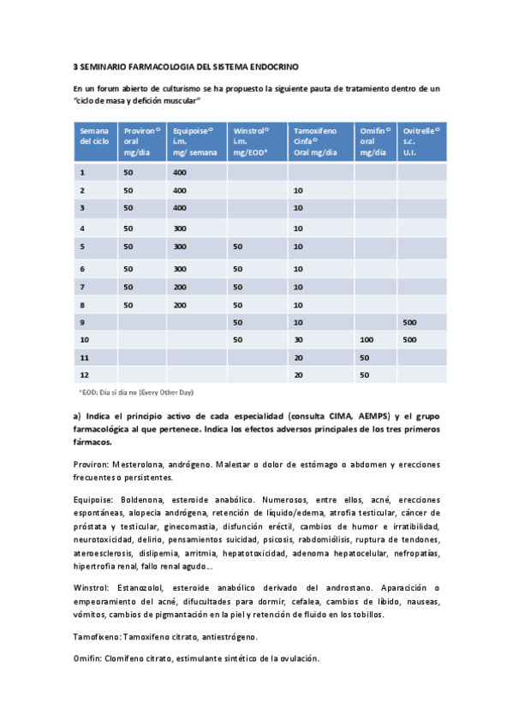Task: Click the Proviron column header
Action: pyautogui.click(x=140, y=140)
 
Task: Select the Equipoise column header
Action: pyautogui.click(x=194, y=140)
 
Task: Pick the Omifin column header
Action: pyautogui.click(x=375, y=140)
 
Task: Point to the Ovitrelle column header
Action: pyautogui.click(x=421, y=140)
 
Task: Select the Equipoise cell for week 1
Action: pyautogui.click(x=180, y=172)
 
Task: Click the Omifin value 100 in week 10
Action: pyautogui.click(x=367, y=340)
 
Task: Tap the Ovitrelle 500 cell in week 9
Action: pyautogui.click(x=410, y=322)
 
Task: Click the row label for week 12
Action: pyautogui.click(x=84, y=375)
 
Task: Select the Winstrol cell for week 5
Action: pyautogui.click(x=238, y=247)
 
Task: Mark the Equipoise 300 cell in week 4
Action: pyautogui.click(x=180, y=229)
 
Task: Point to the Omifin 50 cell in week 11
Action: pyautogui.click(x=365, y=357)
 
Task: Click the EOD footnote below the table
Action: pyautogui.click(x=136, y=392)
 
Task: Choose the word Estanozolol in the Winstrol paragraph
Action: pyautogui.click(x=140, y=587)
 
